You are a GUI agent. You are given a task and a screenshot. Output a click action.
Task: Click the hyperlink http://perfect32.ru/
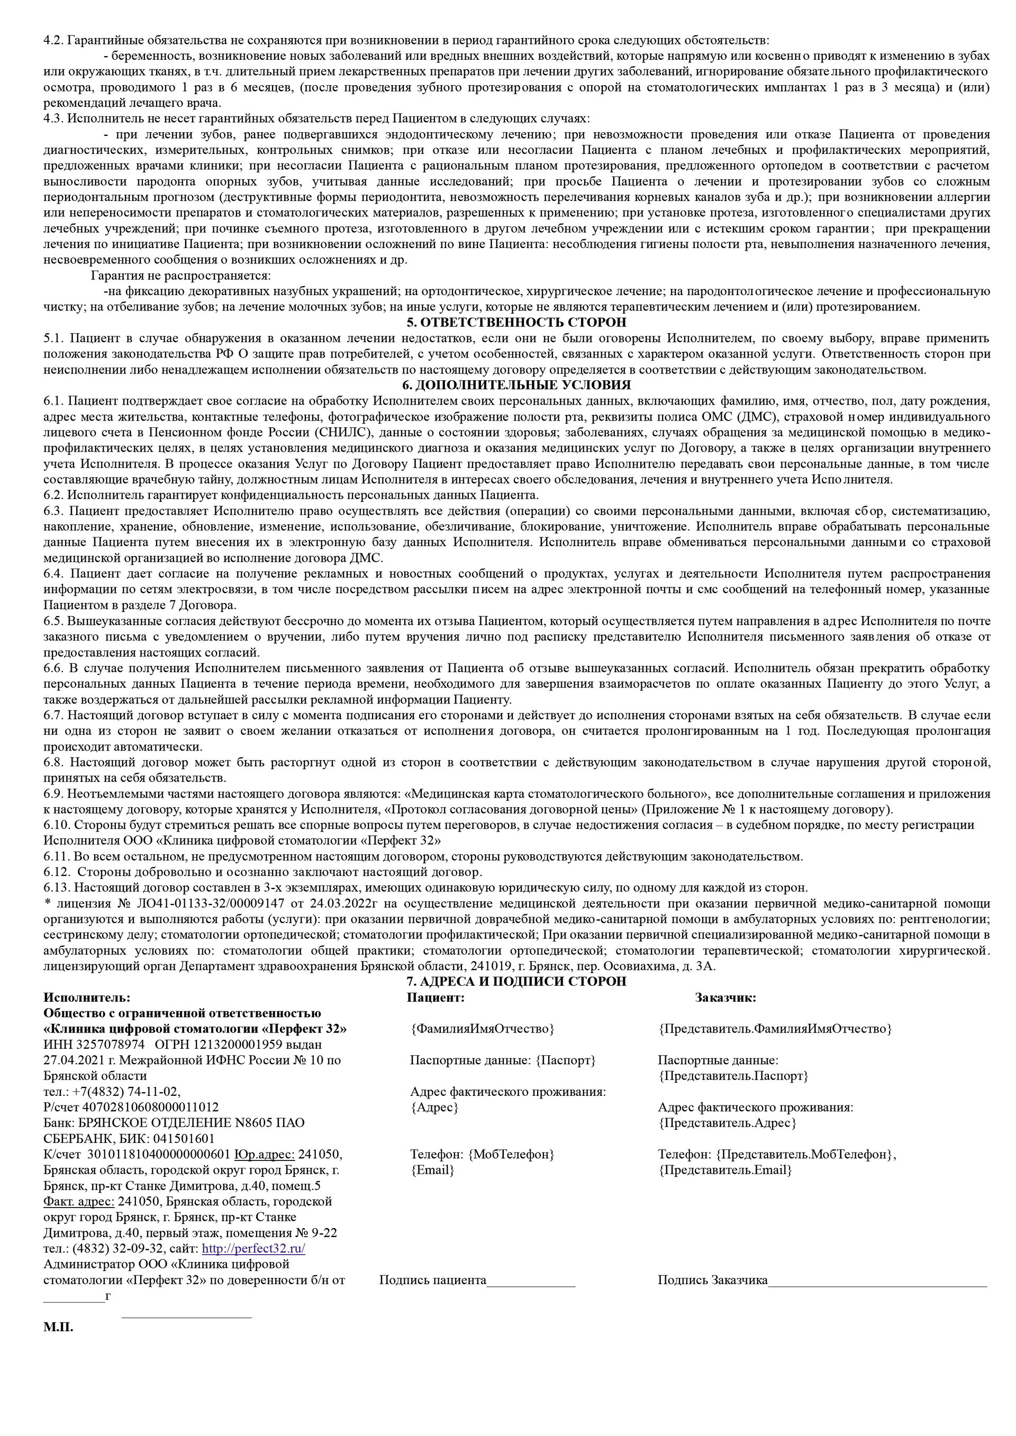click(253, 1248)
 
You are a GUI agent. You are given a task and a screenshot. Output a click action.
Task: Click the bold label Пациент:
click(436, 998)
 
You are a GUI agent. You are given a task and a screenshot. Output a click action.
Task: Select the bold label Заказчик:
click(725, 998)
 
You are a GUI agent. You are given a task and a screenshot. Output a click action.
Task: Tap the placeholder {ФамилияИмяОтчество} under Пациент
click(483, 1029)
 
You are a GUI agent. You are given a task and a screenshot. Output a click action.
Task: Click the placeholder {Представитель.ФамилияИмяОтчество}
click(775, 1029)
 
